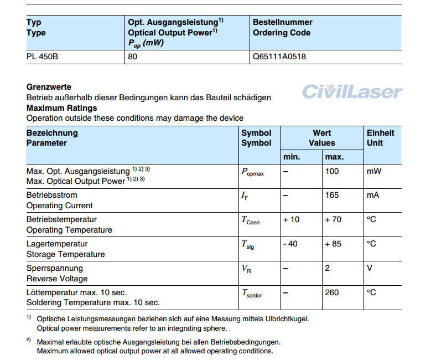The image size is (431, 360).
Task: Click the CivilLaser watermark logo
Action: (x=352, y=92)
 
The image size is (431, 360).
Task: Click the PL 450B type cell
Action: (x=42, y=56)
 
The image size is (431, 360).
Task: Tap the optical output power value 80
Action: (x=133, y=56)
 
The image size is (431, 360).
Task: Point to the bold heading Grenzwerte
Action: (x=49, y=87)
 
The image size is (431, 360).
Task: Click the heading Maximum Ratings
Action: (x=61, y=108)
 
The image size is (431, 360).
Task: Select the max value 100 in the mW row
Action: (x=332, y=171)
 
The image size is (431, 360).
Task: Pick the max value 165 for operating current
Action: (x=332, y=195)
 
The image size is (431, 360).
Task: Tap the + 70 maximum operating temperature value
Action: (x=333, y=219)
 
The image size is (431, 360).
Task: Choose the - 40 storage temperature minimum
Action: (x=291, y=244)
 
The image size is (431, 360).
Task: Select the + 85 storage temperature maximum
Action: (x=333, y=244)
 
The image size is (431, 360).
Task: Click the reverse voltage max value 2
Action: (x=328, y=268)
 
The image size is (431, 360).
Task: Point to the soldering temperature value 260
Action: (x=332, y=292)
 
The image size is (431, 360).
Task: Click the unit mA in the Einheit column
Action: (x=373, y=195)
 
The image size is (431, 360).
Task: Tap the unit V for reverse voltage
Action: (x=370, y=268)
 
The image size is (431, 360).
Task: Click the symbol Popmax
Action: (x=253, y=172)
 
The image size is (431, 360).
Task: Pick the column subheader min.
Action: (x=292, y=157)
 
